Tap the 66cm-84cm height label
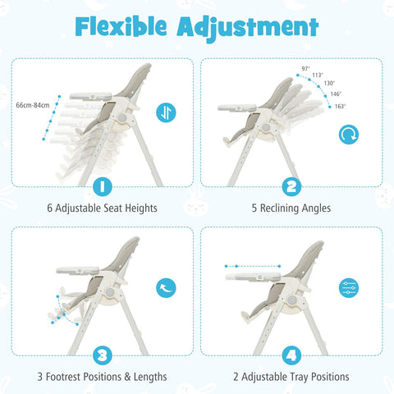click(32, 105)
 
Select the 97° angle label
click(306, 69)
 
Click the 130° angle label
click(328, 83)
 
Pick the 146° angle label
click(336, 94)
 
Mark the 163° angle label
click(339, 106)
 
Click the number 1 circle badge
click(102, 186)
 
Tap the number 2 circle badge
click(291, 186)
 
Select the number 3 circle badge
click(102, 355)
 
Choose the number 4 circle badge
click(291, 355)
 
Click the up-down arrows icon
click(166, 113)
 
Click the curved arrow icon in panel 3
click(166, 286)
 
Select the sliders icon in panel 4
click(349, 286)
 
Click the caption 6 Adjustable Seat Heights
click(102, 208)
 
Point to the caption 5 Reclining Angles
click(291, 208)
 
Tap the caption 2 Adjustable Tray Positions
click(291, 377)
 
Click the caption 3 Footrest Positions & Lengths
click(102, 377)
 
